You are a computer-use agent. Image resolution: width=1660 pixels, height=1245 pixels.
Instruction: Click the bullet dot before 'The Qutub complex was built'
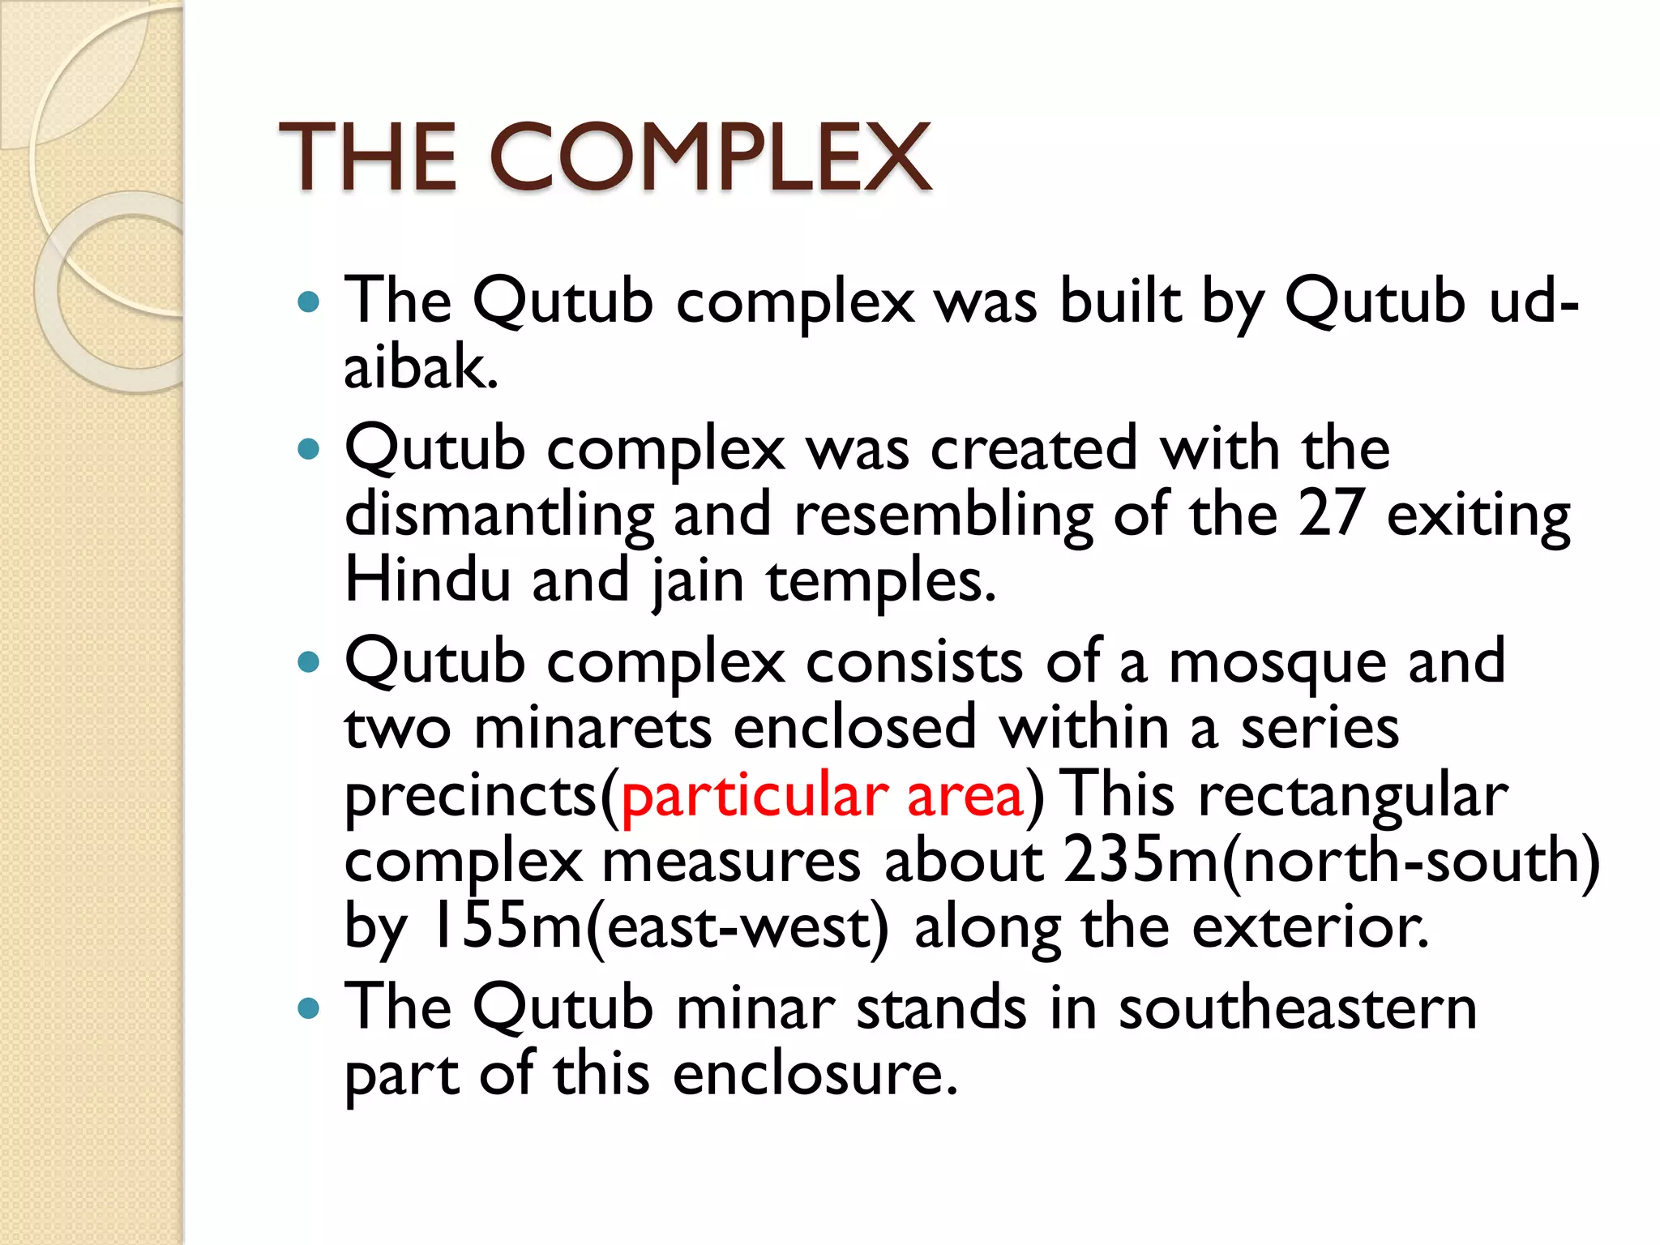click(x=309, y=303)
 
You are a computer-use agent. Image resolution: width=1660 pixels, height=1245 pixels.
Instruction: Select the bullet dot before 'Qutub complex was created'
click(x=309, y=449)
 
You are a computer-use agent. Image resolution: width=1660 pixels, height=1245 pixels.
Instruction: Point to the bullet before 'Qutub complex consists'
click(x=309, y=663)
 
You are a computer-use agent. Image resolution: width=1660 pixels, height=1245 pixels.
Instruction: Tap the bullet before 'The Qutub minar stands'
click(x=309, y=1008)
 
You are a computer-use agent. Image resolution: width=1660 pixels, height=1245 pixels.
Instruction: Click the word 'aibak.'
click(x=421, y=367)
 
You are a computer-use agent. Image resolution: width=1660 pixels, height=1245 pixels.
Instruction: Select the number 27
click(x=1330, y=514)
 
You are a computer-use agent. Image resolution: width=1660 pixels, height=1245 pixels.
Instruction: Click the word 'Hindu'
click(x=427, y=580)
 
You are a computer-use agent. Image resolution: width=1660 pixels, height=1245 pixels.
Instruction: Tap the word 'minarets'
click(x=593, y=728)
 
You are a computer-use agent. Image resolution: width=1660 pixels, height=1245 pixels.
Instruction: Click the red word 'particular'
click(x=754, y=797)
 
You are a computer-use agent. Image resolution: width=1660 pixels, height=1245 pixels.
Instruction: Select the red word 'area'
click(x=965, y=797)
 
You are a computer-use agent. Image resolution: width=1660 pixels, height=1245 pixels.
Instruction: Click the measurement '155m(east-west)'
click(x=661, y=927)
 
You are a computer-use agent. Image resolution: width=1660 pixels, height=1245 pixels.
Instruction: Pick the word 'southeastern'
click(x=1297, y=1008)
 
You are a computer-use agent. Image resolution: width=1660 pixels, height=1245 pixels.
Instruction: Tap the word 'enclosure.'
click(x=815, y=1075)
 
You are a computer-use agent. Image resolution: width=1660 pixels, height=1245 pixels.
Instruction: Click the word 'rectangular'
click(x=1353, y=797)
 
